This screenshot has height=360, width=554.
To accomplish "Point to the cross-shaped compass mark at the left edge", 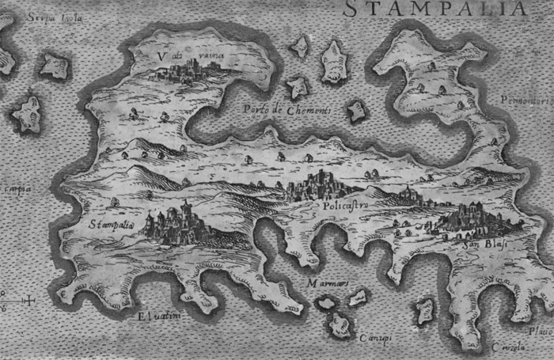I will point(29,300).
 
